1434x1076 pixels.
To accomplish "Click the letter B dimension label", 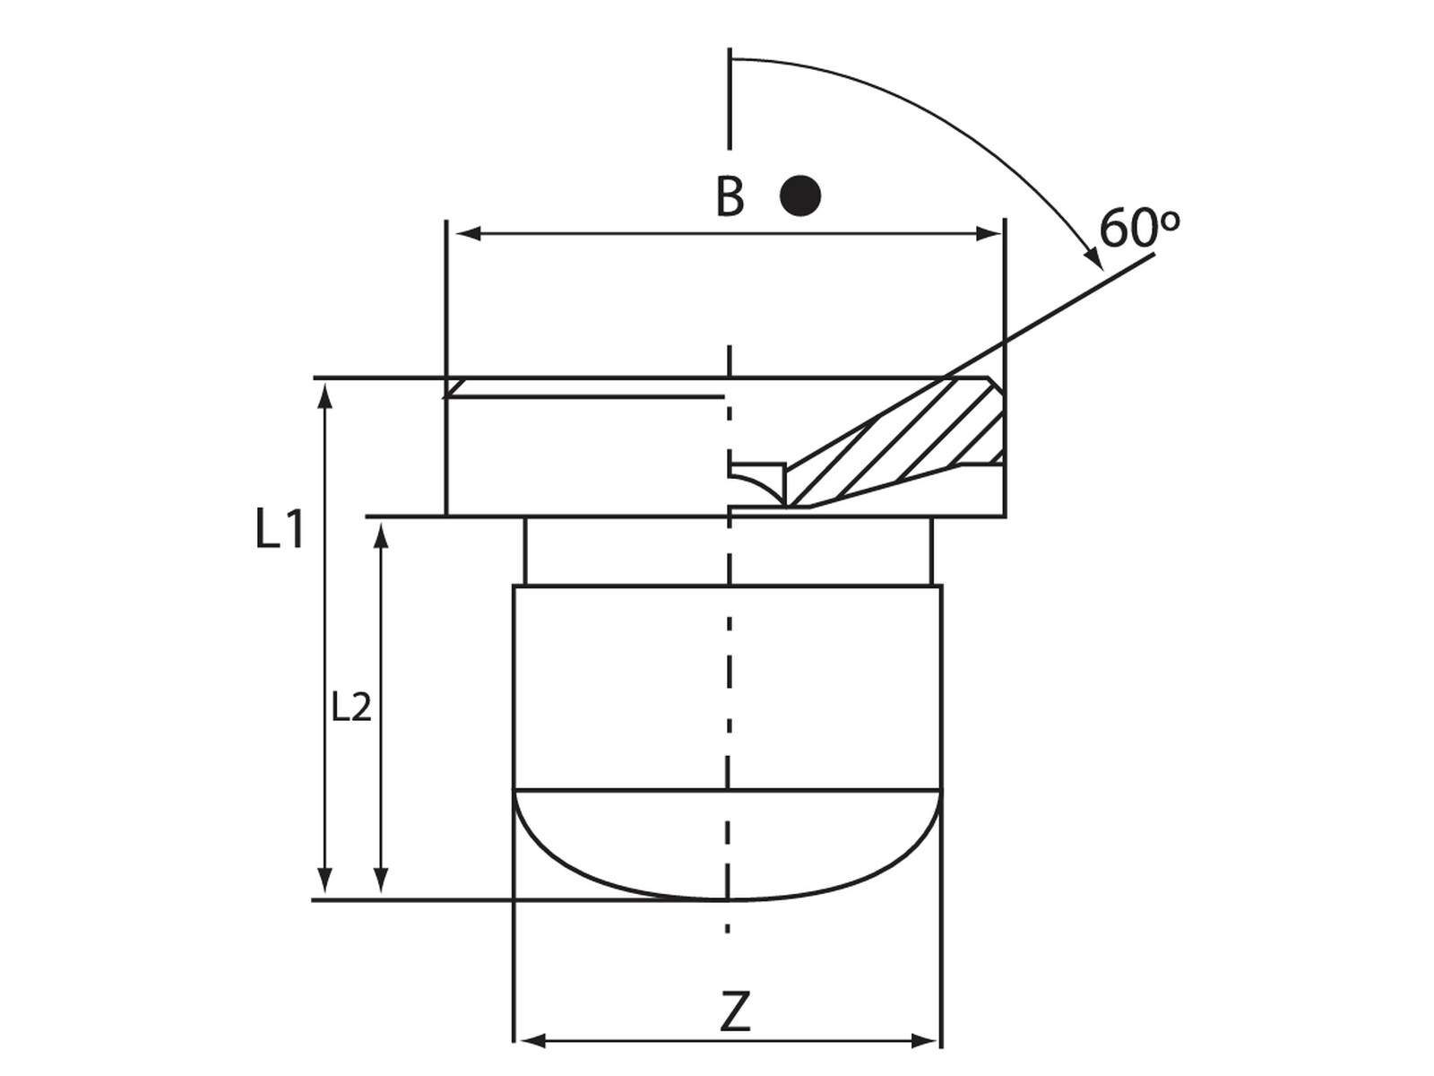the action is pyautogui.click(x=729, y=196).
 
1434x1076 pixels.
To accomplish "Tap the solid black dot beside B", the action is pyautogui.click(x=800, y=195).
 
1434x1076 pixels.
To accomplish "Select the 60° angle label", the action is pyautogui.click(x=1139, y=228).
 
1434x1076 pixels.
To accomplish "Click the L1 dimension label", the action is pyautogui.click(x=280, y=528).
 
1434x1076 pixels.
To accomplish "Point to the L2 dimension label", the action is pyautogui.click(x=351, y=707).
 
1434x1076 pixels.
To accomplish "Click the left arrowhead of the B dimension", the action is pyautogui.click(x=469, y=233).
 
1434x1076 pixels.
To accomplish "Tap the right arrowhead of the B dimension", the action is pyautogui.click(x=989, y=233).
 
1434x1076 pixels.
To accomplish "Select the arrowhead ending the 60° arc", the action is pyautogui.click(x=1093, y=258).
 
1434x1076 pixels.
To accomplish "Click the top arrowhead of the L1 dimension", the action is pyautogui.click(x=324, y=396).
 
